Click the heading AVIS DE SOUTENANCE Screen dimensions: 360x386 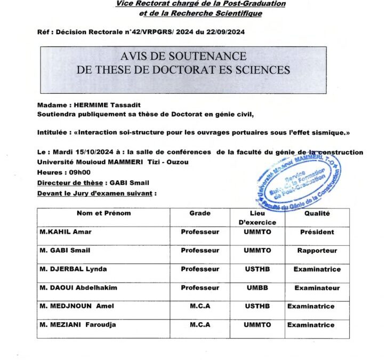coord(183,56)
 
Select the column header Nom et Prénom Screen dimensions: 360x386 coord(103,213)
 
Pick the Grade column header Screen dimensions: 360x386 coord(200,213)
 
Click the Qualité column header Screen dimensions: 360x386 coord(317,213)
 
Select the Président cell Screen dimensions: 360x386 coord(317,232)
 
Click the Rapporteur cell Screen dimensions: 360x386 coord(317,250)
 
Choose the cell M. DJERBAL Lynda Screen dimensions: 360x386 coord(73,269)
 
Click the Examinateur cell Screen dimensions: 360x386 coord(317,287)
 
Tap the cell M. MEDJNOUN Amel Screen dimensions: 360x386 coord(76,306)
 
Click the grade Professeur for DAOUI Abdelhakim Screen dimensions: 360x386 coord(200,287)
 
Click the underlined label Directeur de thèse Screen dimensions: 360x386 coord(70,182)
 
